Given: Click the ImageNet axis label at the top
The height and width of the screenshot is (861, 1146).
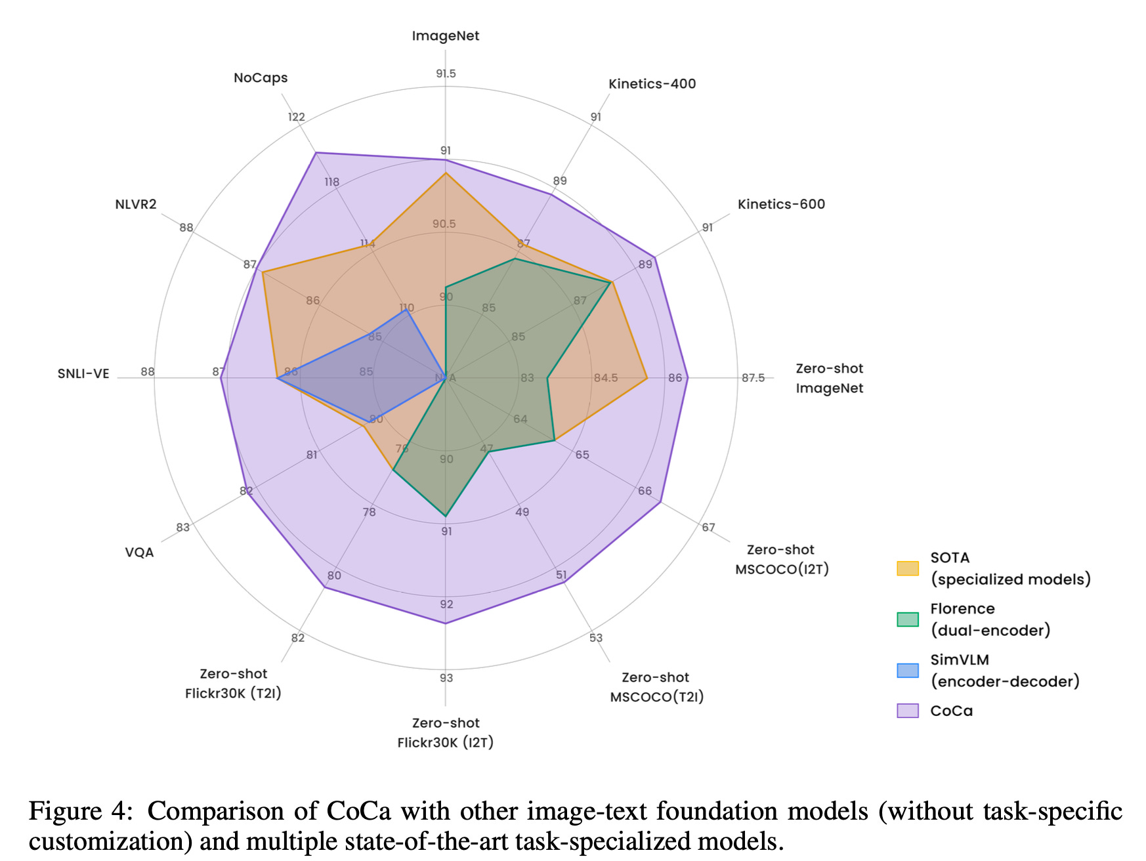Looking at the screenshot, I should pyautogui.click(x=445, y=36).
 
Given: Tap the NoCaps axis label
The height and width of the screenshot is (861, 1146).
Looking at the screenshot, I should pyautogui.click(x=261, y=77).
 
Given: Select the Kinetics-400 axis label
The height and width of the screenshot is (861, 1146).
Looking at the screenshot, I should pyautogui.click(x=652, y=84).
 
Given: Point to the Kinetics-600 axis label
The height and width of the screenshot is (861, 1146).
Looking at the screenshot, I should pyautogui.click(x=781, y=204).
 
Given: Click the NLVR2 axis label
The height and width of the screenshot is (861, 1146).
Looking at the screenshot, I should pyautogui.click(x=136, y=204).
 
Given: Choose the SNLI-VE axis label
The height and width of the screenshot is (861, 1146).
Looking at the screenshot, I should pyautogui.click(x=83, y=373).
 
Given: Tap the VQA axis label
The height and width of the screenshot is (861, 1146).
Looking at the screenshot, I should pyautogui.click(x=139, y=553).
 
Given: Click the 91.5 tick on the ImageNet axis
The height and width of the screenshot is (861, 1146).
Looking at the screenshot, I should pyautogui.click(x=446, y=73).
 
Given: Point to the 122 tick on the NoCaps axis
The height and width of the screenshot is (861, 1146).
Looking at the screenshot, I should pyautogui.click(x=297, y=117).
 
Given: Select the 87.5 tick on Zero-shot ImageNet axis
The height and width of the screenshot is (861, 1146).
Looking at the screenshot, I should pyautogui.click(x=753, y=378).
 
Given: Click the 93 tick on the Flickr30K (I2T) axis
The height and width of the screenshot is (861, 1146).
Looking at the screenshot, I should pyautogui.click(x=446, y=678).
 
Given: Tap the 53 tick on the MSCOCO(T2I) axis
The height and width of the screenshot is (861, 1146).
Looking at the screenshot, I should pyautogui.click(x=595, y=638).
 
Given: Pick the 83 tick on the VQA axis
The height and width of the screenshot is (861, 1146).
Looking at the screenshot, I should pyautogui.click(x=182, y=528).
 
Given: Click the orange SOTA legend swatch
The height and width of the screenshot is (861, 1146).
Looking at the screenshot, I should pyautogui.click(x=908, y=568).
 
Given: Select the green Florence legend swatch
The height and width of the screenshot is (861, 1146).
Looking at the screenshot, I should pyautogui.click(x=908, y=619).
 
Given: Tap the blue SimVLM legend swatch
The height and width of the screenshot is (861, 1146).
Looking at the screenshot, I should pyautogui.click(x=908, y=670).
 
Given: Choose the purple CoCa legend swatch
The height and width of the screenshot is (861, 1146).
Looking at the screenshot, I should pyautogui.click(x=908, y=711).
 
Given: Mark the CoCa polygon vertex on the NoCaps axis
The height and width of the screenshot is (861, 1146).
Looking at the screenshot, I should pyautogui.click(x=316, y=153).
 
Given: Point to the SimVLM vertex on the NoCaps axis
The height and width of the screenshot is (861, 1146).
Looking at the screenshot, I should pyautogui.click(x=407, y=310).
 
